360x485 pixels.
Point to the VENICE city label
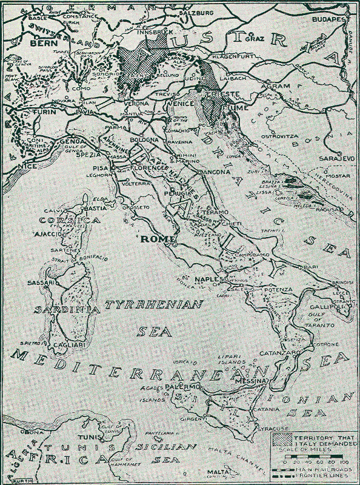click(182, 103)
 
